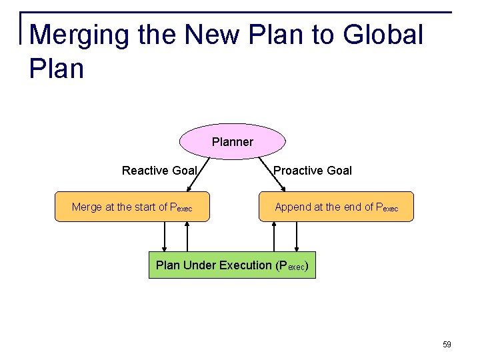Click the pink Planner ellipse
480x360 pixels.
[232, 141]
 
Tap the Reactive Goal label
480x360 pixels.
[159, 171]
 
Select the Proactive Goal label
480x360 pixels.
[313, 171]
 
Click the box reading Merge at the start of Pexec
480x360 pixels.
[131, 207]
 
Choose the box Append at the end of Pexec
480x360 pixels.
[336, 207]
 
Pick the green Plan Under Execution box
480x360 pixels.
[232, 265]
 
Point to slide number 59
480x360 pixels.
[447, 345]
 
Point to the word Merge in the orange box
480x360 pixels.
[87, 207]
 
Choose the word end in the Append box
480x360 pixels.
[353, 207]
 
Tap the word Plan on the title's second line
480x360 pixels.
[57, 68]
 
